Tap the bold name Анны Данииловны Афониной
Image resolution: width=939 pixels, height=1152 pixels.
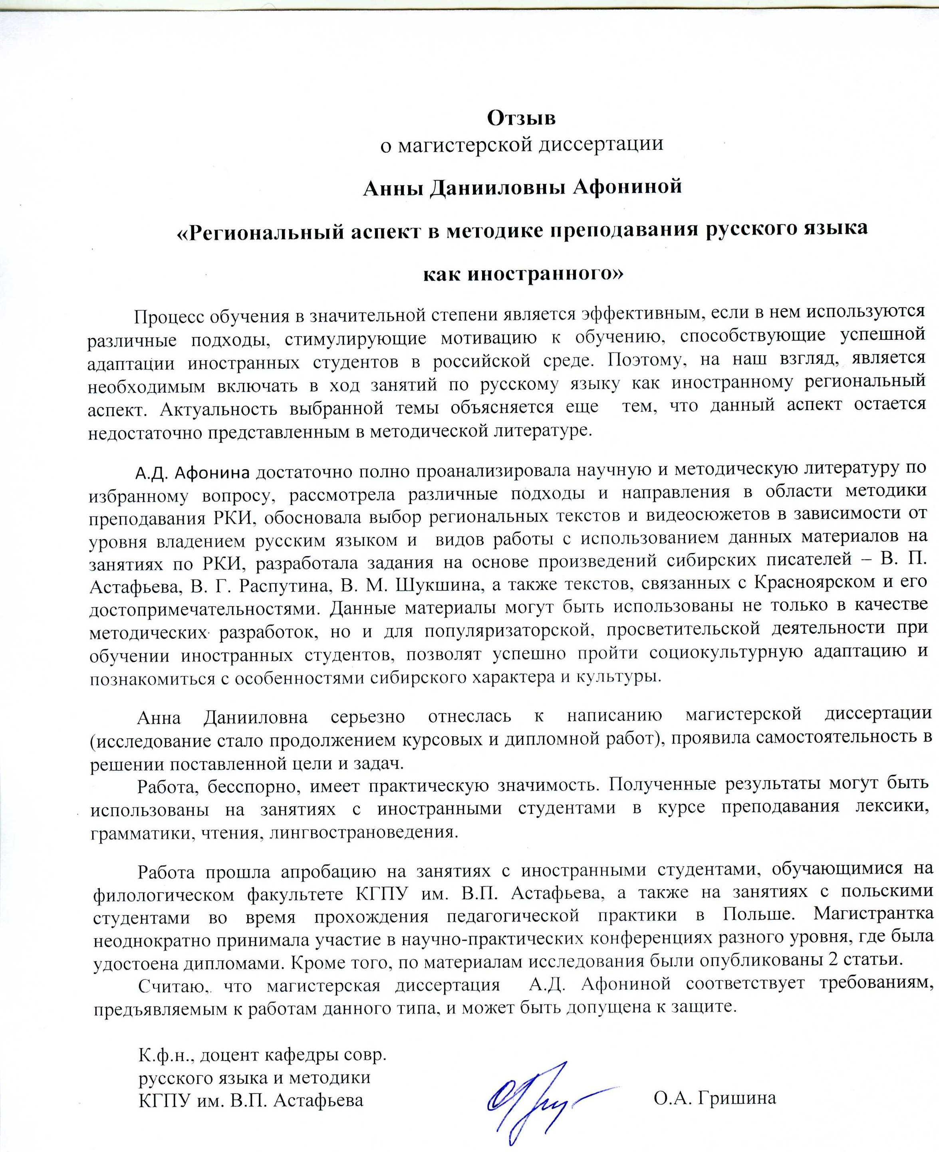(x=522, y=188)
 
